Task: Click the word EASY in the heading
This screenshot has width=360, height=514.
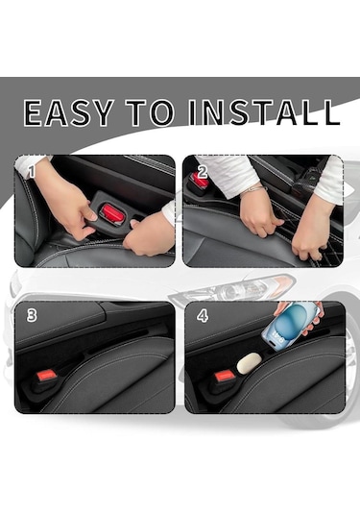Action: click(69, 112)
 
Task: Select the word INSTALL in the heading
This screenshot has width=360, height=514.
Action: click(264, 112)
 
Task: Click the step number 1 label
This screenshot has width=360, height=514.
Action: click(31, 172)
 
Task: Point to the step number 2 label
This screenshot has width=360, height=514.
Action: click(203, 172)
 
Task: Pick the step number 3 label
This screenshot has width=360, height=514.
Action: click(32, 315)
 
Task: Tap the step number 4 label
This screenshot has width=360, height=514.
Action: click(203, 316)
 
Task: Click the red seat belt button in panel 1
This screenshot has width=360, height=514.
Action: click(112, 212)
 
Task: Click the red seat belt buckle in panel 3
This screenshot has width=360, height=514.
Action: click(47, 375)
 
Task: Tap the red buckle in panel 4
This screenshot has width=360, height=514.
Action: click(225, 376)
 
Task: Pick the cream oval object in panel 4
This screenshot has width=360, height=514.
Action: click(250, 363)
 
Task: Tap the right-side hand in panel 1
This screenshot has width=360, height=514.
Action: click(149, 234)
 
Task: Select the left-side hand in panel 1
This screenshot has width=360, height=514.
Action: click(65, 204)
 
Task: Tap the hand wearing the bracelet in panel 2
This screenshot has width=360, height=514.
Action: click(260, 214)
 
